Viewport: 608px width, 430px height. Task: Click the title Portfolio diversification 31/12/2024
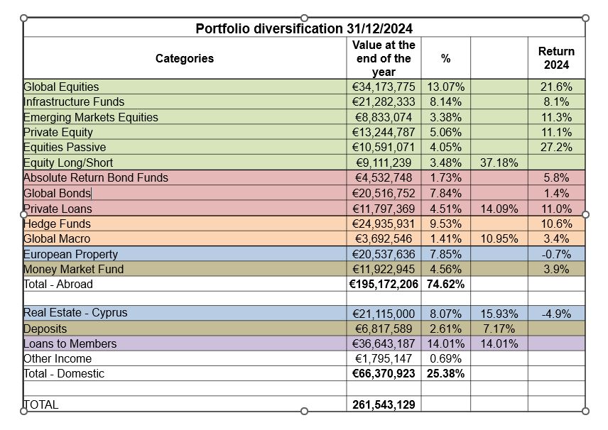(304, 28)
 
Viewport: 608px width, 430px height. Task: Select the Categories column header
(184, 58)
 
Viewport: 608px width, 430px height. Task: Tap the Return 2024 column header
(556, 58)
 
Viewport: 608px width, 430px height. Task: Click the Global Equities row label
(61, 87)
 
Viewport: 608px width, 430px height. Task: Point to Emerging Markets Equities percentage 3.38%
(446, 117)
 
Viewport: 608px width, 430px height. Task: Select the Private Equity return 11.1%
(557, 132)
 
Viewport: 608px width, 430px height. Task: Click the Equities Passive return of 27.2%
(557, 147)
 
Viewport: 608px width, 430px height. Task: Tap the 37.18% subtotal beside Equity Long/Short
(499, 162)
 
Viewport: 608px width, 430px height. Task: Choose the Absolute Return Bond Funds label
(96, 177)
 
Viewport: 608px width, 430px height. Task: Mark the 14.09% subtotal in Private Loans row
(499, 209)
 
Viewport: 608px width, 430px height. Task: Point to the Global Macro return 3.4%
(557, 239)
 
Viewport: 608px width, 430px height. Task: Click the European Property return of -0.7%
(557, 254)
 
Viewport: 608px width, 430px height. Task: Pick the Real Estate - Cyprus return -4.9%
(557, 313)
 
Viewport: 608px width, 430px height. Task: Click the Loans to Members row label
(70, 343)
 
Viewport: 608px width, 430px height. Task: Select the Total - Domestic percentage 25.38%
(446, 373)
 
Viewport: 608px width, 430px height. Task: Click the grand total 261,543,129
(384, 404)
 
